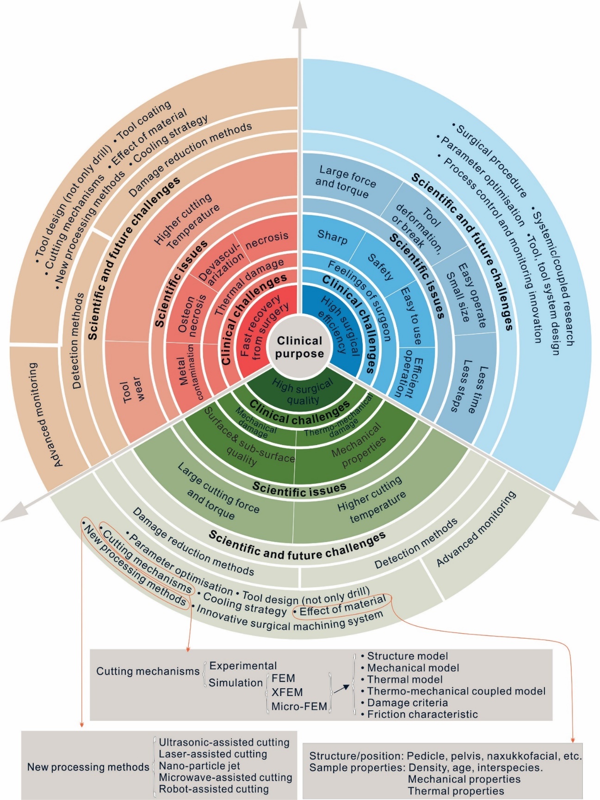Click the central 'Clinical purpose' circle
(300, 348)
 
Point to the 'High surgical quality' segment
(302, 391)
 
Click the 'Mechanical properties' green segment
(359, 446)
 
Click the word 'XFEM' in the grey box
(287, 692)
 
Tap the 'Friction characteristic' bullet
(422, 715)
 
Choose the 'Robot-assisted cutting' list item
(213, 789)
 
